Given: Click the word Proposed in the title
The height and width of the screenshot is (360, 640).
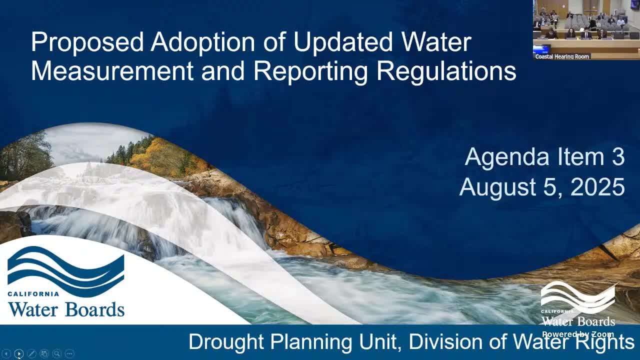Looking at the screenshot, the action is (x=87, y=43).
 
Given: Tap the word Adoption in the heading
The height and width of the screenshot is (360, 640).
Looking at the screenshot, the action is (x=203, y=43).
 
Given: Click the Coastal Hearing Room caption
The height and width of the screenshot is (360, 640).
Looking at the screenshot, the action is (x=562, y=56).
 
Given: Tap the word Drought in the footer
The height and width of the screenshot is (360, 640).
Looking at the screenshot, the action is (x=226, y=342).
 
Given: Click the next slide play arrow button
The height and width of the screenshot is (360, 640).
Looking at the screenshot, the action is (x=19, y=353).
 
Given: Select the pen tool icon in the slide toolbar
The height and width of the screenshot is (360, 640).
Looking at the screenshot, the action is (x=31, y=353).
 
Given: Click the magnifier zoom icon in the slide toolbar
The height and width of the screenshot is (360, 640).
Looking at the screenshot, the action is (x=57, y=353).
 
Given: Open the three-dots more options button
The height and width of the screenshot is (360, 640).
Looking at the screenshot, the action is (x=69, y=353).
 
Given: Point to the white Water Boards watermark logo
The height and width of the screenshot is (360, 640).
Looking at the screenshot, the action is (x=577, y=304).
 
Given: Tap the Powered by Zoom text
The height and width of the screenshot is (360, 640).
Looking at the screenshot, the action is (x=578, y=334).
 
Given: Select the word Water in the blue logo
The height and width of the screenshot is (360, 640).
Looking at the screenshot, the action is (x=33, y=309).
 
